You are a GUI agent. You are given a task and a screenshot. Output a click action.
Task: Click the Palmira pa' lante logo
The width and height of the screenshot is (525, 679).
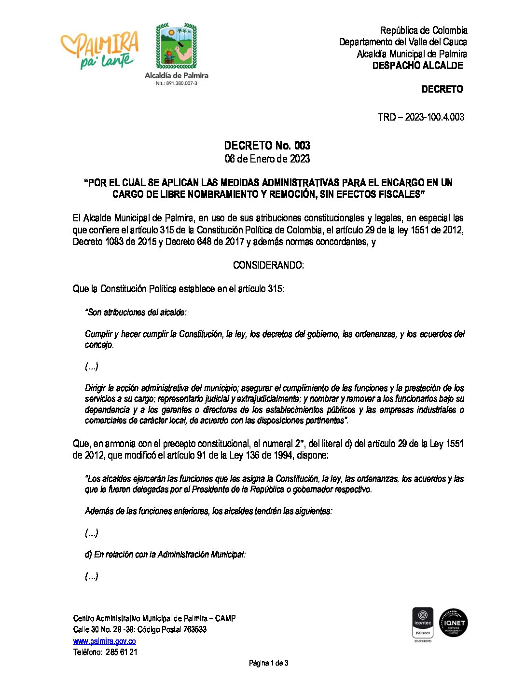coord(100,50)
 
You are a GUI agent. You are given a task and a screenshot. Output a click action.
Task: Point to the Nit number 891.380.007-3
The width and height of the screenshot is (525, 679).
coord(176,83)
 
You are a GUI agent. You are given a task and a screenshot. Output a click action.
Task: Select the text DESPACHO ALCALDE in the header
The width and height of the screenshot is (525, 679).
coord(417,66)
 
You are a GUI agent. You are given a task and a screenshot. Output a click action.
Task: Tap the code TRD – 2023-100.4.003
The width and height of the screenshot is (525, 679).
coord(421,117)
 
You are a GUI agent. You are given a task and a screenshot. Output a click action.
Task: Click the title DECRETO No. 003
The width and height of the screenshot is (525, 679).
coord(267,145)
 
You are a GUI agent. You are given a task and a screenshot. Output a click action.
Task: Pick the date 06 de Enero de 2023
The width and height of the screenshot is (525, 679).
coord(267,159)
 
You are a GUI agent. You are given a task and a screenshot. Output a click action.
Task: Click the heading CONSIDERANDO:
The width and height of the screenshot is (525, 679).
coord(268,265)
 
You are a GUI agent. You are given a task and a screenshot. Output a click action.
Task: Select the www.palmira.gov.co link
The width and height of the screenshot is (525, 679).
coord(104,641)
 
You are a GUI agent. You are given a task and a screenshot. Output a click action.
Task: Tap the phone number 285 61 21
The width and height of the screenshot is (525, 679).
coord(121,652)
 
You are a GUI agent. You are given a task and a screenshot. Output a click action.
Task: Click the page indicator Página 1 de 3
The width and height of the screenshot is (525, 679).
coord(268,663)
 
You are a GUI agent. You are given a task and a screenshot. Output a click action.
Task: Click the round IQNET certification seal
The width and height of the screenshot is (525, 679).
coord(453,623)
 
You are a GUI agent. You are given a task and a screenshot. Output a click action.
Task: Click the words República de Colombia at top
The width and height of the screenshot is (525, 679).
coord(423,30)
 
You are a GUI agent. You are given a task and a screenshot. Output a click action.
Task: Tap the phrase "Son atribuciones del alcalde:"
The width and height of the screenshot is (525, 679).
coord(136,312)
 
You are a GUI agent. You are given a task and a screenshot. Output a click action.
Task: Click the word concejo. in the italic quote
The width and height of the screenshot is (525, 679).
coord(99,345)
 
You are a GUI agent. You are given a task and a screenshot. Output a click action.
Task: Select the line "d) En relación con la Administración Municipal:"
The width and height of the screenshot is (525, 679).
coord(165,555)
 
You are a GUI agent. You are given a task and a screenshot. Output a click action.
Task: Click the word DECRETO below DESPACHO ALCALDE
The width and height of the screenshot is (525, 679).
coord(442,89)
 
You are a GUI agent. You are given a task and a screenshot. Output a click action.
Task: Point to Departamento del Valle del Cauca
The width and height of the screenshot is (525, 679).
coord(402,42)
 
